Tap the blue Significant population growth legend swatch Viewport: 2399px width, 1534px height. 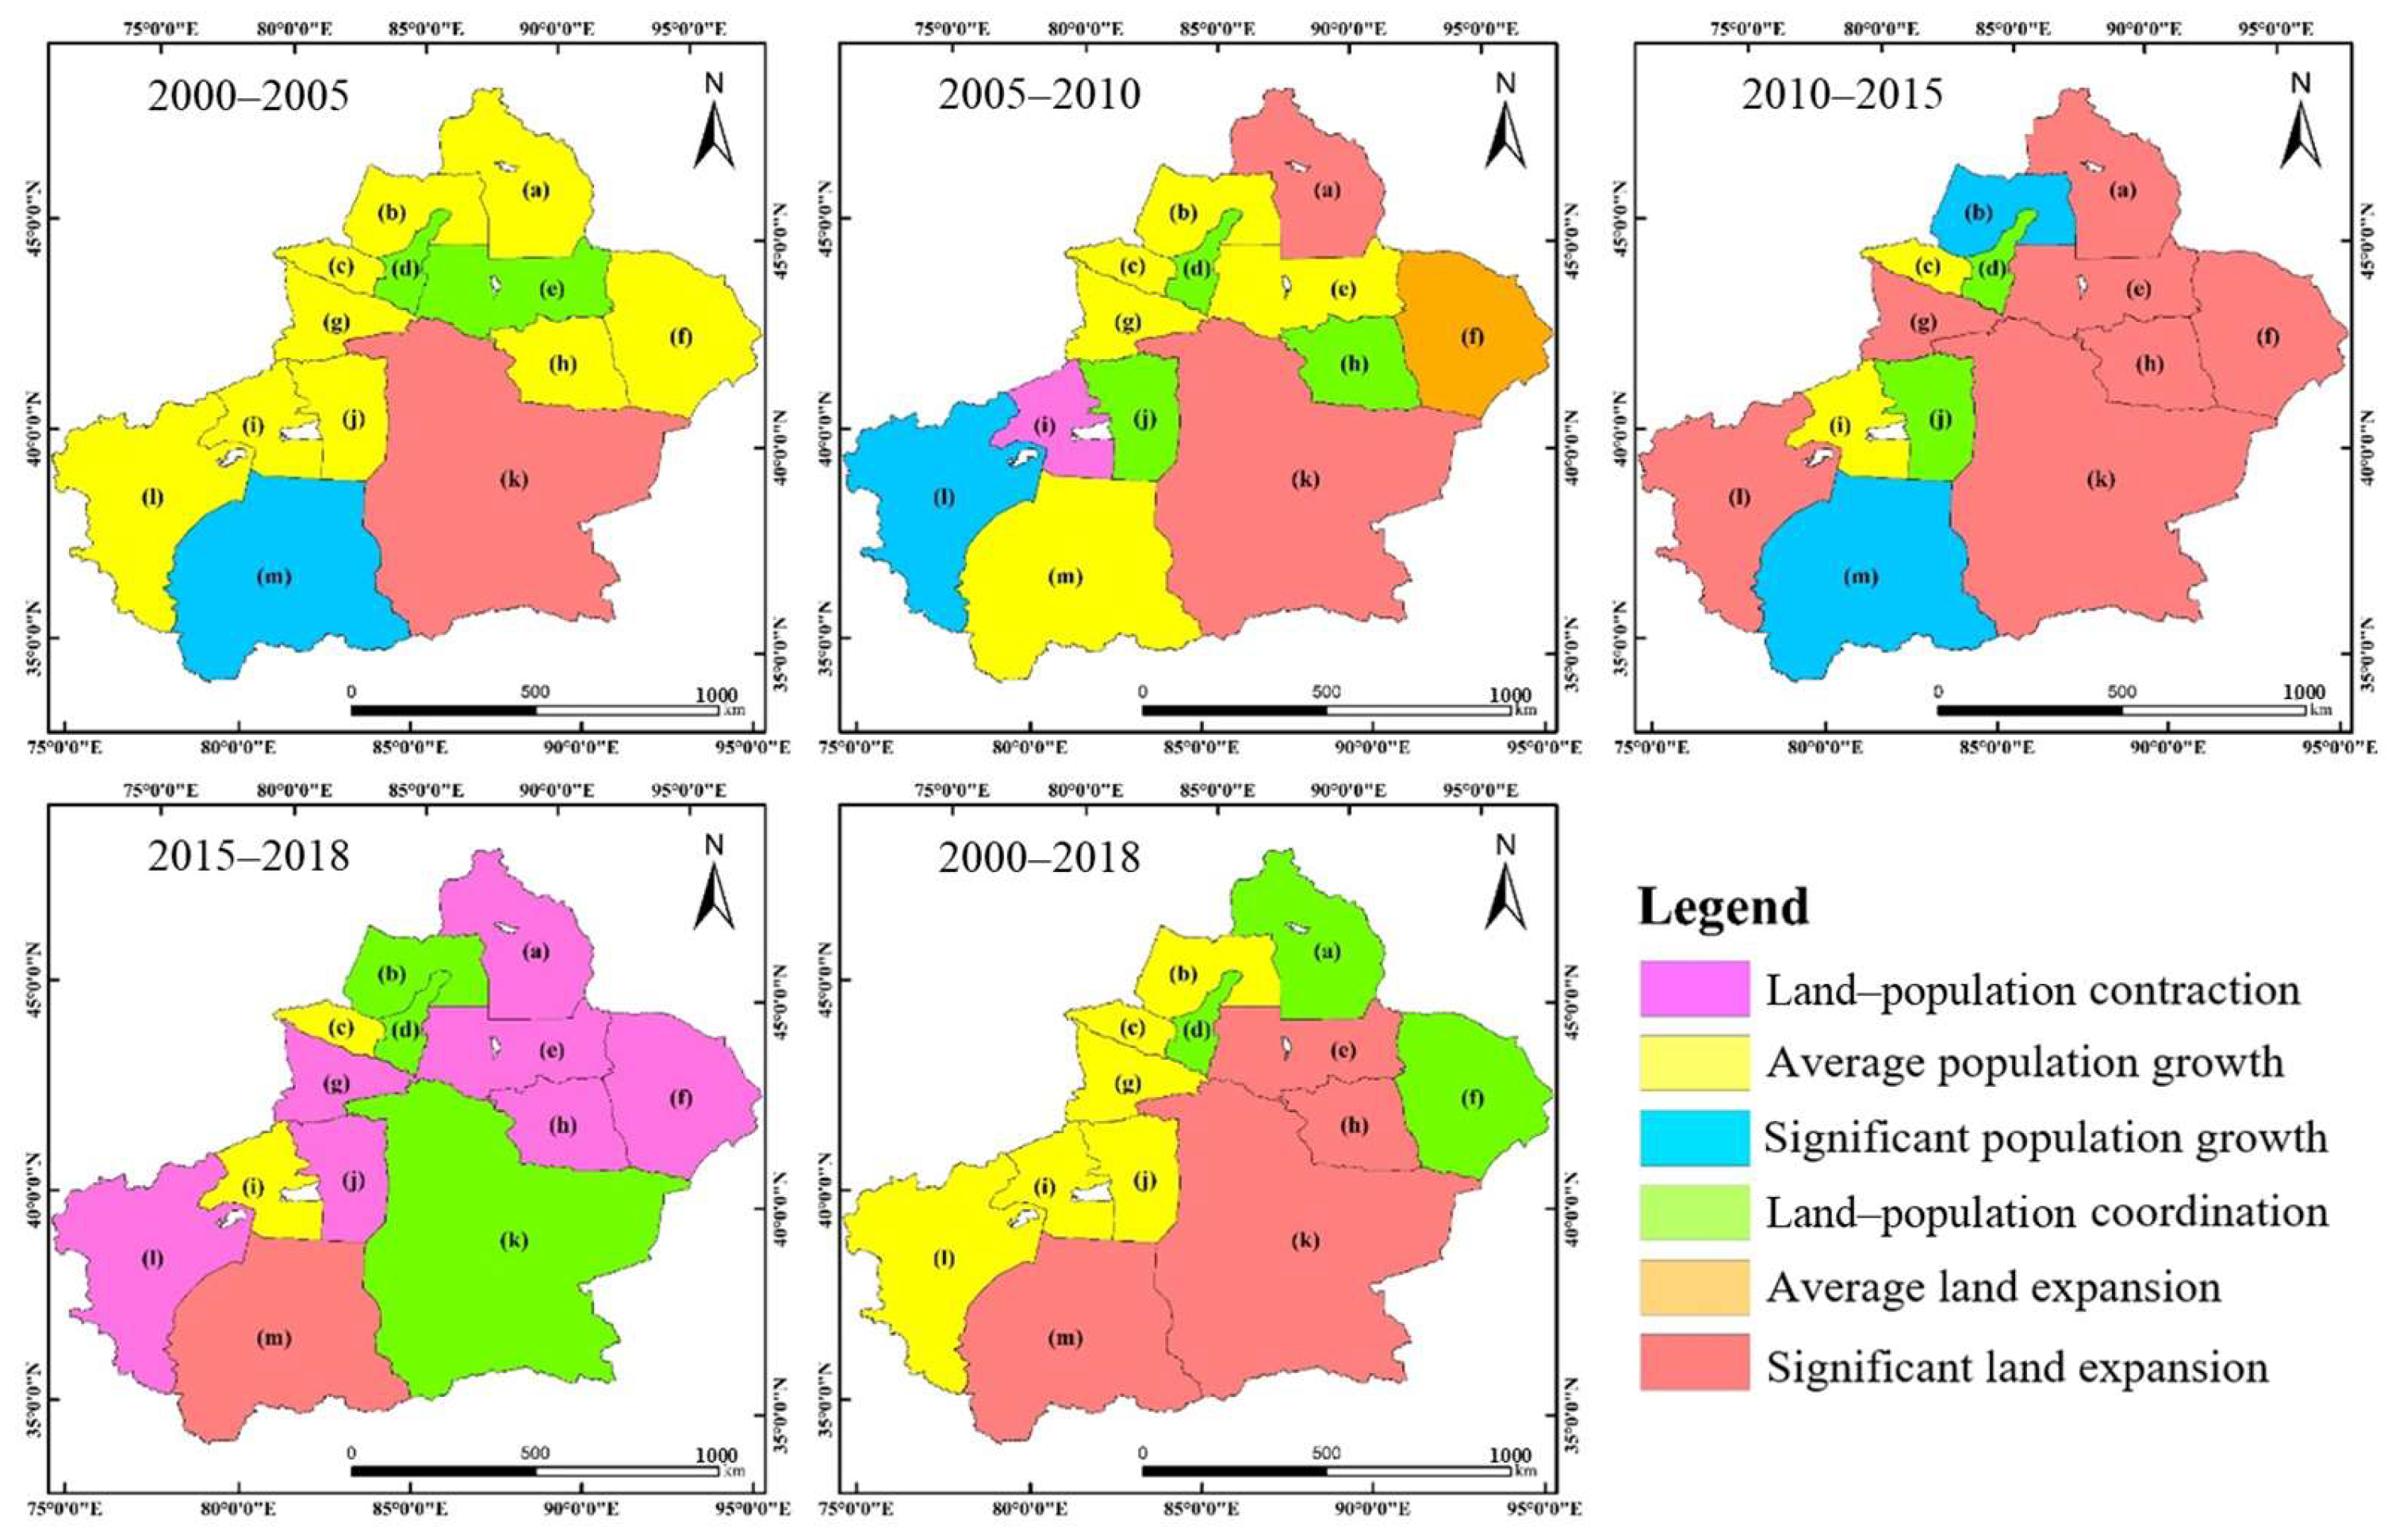click(x=1694, y=1138)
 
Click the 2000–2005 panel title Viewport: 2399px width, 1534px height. click(x=248, y=96)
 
